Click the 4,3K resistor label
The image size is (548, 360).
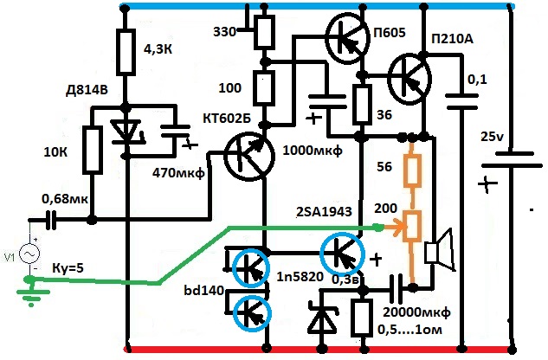click(158, 49)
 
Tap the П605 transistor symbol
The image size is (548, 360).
click(347, 38)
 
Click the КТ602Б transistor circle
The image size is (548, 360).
click(249, 157)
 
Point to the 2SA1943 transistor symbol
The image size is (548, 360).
click(343, 254)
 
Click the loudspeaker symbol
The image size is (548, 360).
click(440, 250)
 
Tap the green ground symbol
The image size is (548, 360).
click(31, 290)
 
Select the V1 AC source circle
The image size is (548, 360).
click(29, 254)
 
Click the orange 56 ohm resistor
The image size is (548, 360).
click(412, 169)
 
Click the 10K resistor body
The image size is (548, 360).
click(93, 151)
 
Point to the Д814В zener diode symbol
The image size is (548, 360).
click(126, 132)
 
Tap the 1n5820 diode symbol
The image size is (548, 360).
click(322, 320)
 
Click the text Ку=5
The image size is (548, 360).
click(68, 269)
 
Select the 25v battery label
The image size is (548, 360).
click(492, 137)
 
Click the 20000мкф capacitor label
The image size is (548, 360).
click(416, 312)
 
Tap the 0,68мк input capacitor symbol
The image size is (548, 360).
click(51, 220)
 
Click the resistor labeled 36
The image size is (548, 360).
click(362, 105)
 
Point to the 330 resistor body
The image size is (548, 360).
click(264, 32)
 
